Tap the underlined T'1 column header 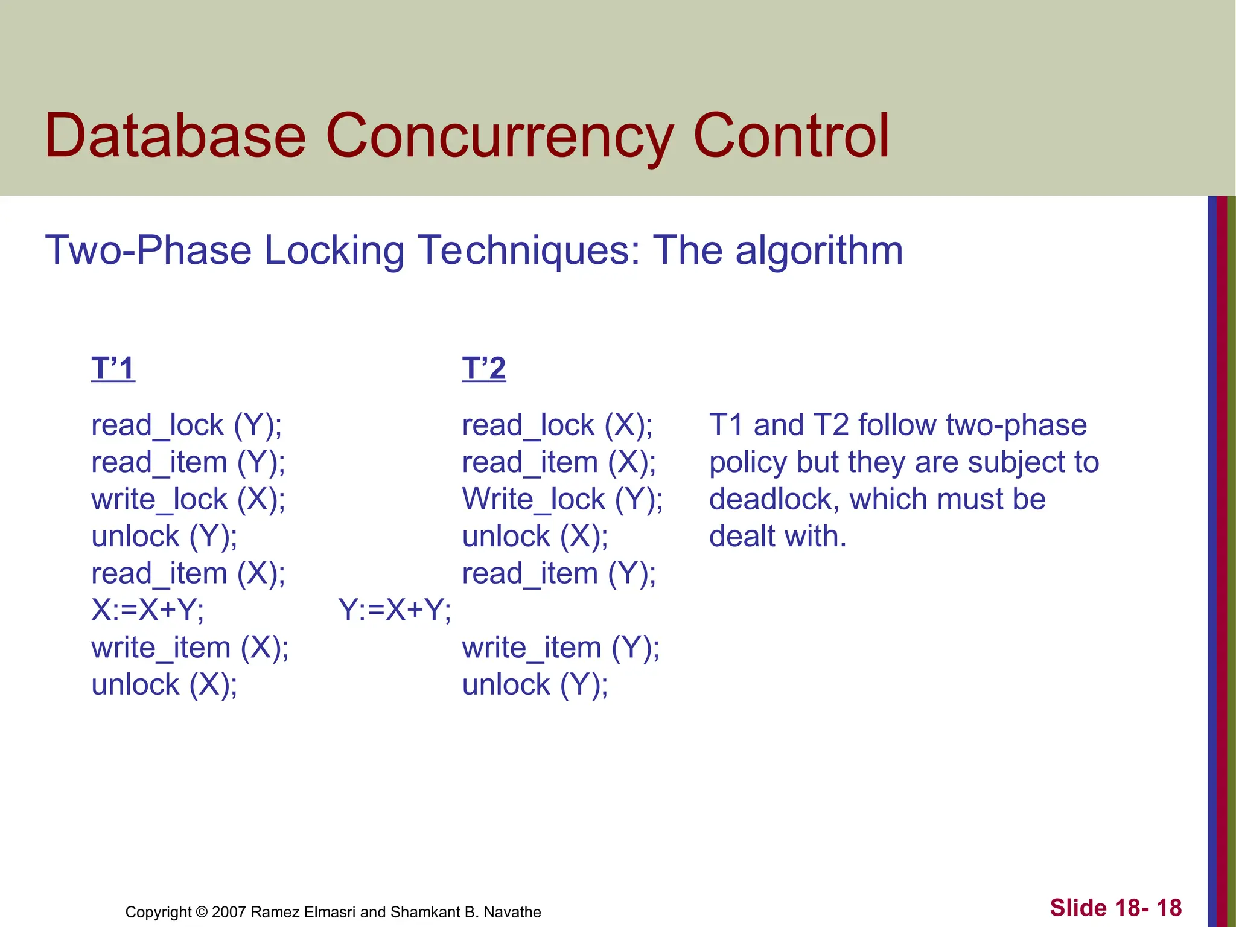[x=113, y=368]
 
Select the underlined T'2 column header [x=483, y=368]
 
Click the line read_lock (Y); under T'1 [x=186, y=425]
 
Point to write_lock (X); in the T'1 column [x=188, y=500]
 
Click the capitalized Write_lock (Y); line [x=562, y=500]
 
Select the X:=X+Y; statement [x=148, y=610]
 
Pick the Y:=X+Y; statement [x=395, y=610]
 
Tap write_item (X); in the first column [x=190, y=648]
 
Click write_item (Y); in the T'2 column [x=561, y=648]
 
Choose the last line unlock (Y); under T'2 [x=535, y=686]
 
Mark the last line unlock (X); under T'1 [x=164, y=686]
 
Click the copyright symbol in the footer [x=202, y=912]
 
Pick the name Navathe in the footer [x=514, y=912]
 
